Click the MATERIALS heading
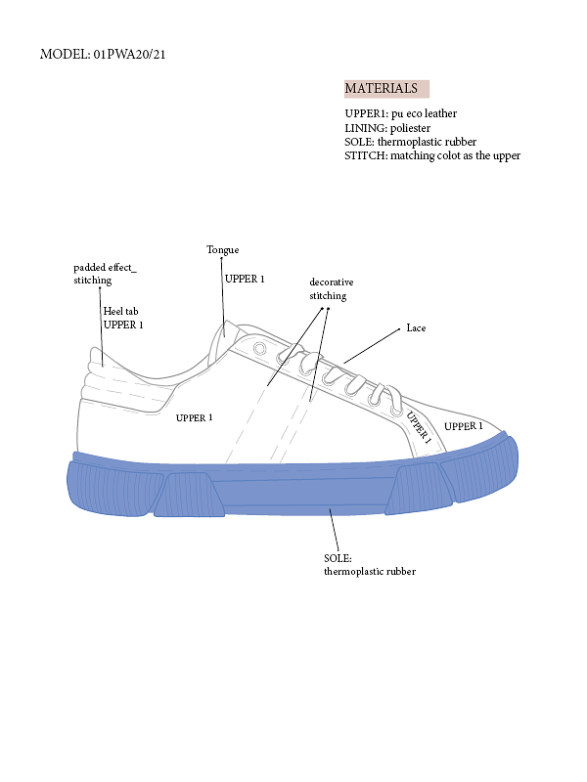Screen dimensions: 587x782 point(381,88)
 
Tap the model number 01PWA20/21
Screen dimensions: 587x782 point(129,54)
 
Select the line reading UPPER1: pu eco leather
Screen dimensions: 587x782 point(400,113)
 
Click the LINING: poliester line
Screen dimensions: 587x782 point(387,128)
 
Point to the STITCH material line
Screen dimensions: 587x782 point(432,155)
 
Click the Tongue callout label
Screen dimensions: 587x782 point(223,250)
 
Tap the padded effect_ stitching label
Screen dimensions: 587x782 point(105,274)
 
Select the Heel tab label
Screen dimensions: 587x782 point(120,311)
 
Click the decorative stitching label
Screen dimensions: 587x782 point(332,288)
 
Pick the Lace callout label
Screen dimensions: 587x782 point(416,327)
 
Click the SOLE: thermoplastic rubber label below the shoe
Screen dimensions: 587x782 point(370,565)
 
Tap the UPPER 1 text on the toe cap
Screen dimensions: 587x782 point(463,426)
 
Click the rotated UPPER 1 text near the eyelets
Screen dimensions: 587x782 point(419,427)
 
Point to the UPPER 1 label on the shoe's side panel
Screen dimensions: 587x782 point(194,418)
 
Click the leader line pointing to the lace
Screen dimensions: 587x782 point(372,346)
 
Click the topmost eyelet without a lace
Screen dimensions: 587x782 point(259,348)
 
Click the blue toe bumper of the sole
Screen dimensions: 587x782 point(480,466)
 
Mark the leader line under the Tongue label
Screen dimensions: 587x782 point(223,297)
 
